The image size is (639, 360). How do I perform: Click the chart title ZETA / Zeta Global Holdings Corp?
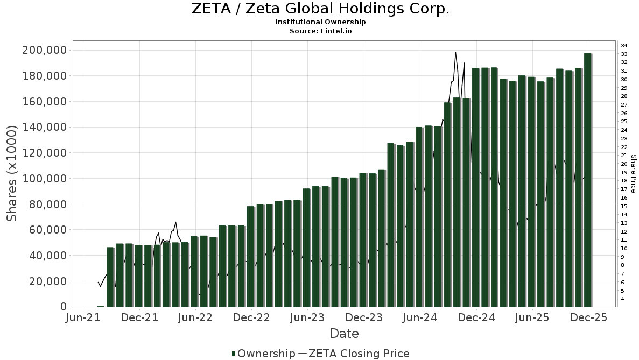[320, 9]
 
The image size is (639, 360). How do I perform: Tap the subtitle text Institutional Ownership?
[320, 22]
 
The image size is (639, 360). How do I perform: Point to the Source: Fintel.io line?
[320, 31]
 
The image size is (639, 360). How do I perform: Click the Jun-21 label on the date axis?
[83, 317]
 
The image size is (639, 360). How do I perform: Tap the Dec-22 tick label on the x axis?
[251, 317]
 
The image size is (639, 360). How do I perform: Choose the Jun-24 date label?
[420, 317]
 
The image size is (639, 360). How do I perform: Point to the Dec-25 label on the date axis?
[588, 317]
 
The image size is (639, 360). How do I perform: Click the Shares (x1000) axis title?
[12, 173]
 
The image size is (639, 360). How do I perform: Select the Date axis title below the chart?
[344, 334]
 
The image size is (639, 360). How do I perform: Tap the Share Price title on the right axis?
[633, 173]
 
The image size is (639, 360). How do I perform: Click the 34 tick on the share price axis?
[624, 45]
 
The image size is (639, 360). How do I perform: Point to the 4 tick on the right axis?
[622, 299]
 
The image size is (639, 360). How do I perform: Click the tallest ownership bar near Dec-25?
[588, 180]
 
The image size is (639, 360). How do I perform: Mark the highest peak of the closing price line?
[455, 52]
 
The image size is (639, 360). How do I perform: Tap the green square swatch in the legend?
[234, 354]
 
